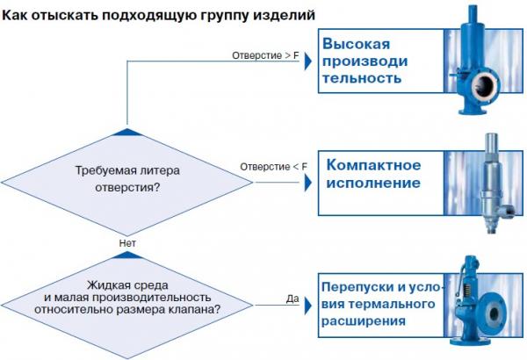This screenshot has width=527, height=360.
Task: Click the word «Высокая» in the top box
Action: tap(357, 44)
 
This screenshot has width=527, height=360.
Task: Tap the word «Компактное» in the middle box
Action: tap(373, 165)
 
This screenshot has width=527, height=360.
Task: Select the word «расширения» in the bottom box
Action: tap(364, 321)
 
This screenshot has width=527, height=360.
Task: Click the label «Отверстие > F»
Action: tap(265, 55)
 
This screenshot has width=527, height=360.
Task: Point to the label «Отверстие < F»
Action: tap(273, 167)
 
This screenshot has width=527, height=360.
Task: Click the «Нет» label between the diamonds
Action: tap(127, 243)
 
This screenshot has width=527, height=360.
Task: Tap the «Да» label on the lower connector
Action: tap(292, 299)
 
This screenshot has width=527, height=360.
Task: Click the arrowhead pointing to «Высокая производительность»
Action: tap(308, 61)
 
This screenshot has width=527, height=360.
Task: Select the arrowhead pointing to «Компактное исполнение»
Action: tap(308, 184)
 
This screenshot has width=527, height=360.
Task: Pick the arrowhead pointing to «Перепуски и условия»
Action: tap(308, 306)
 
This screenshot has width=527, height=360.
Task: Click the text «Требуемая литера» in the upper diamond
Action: tap(127, 170)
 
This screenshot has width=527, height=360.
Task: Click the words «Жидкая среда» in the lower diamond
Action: tap(127, 285)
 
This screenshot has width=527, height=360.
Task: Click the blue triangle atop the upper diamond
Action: tap(127, 132)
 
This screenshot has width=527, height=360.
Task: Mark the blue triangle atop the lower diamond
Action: tap(127, 256)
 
